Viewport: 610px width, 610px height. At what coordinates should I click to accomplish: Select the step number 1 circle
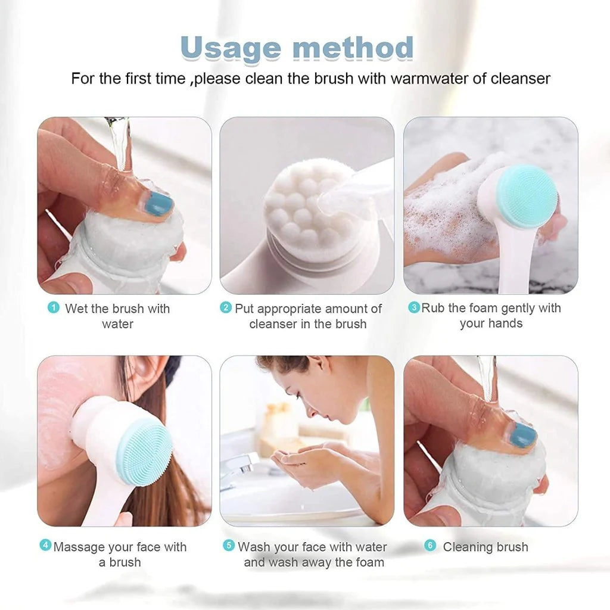tap(54, 307)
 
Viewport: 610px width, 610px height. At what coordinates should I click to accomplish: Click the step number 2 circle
tap(226, 307)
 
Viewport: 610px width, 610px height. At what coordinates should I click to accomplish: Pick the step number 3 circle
tap(413, 307)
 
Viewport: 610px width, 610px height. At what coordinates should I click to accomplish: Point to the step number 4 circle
tap(45, 545)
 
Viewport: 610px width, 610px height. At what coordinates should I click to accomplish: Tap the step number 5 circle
tap(229, 545)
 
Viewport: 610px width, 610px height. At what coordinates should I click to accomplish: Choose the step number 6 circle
tap(430, 545)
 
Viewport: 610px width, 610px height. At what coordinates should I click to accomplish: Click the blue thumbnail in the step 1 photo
tap(159, 204)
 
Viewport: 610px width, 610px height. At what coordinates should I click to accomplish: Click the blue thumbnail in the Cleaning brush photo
tap(523, 435)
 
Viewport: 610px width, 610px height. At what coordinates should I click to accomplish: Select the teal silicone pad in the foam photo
tap(527, 197)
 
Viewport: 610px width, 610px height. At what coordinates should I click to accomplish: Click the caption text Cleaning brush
tap(485, 547)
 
